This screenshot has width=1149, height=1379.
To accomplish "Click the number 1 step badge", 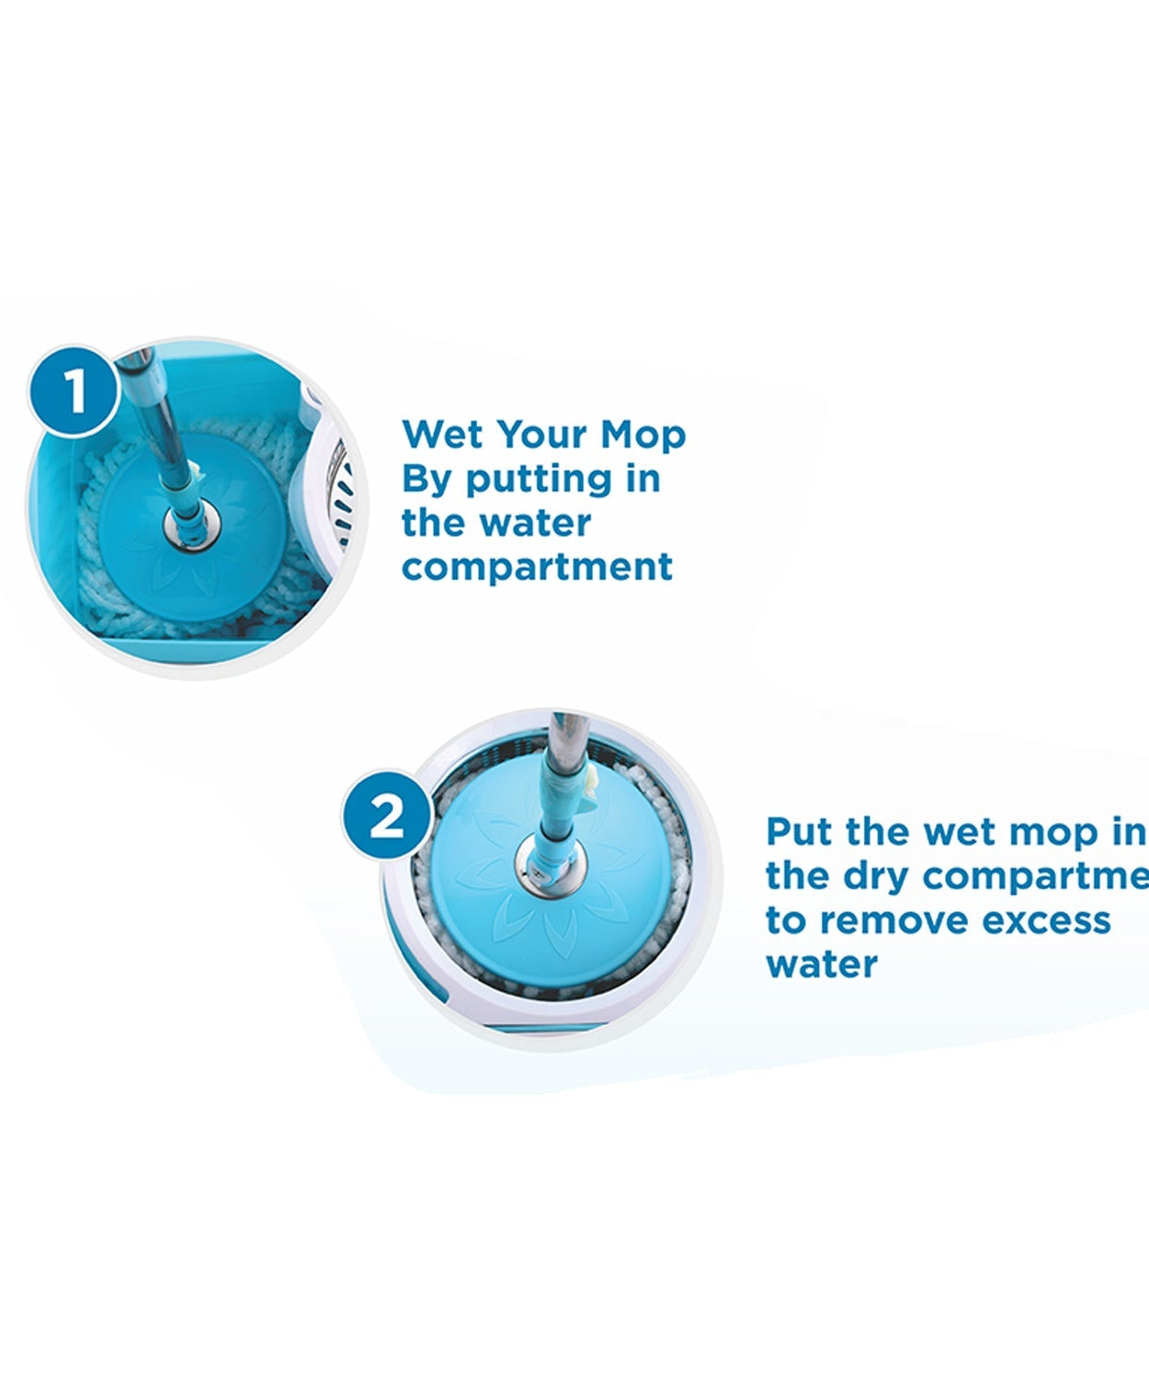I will coord(74,390).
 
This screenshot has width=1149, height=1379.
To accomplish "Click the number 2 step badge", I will coord(386,815).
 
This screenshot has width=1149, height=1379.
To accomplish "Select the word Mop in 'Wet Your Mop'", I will coord(643,435).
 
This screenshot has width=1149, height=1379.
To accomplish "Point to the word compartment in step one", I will coord(537,567).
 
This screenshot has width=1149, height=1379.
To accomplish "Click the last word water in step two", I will coord(821,964).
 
